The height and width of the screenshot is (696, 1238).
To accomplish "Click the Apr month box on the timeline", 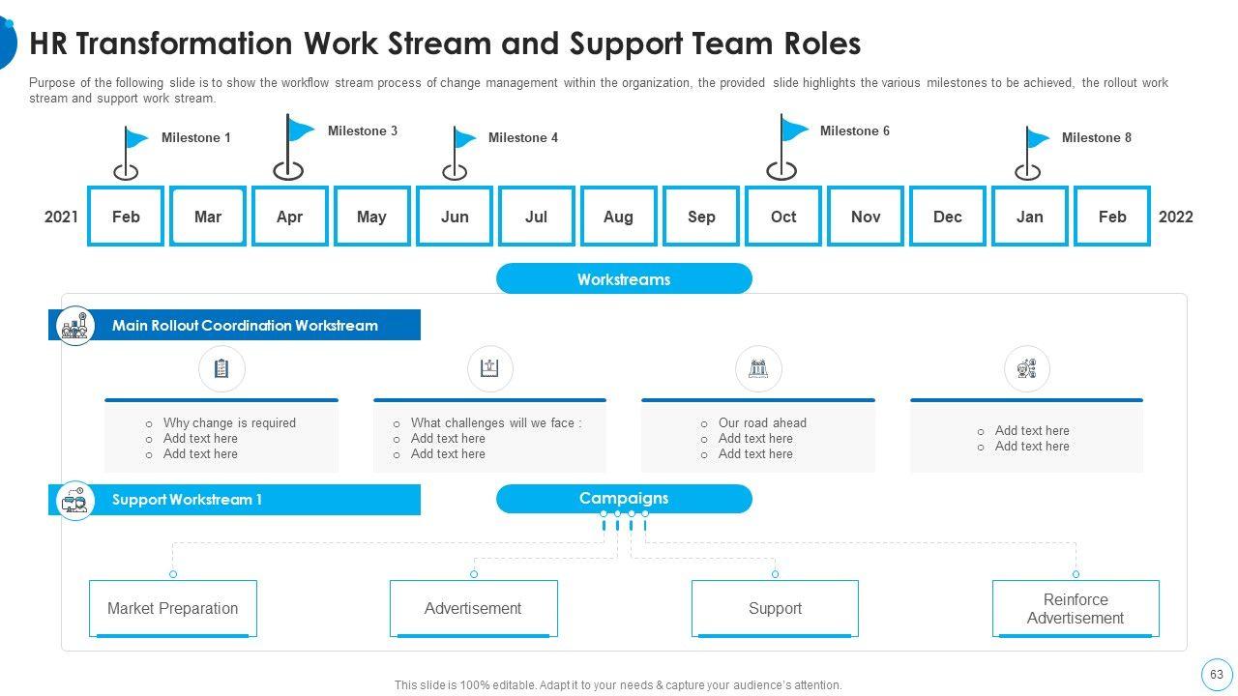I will tap(289, 217).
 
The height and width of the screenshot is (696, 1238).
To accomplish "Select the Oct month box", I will tap(783, 217).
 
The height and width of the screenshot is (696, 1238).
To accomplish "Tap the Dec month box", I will tap(948, 217).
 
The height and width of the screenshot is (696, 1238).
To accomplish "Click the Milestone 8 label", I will tap(1096, 137).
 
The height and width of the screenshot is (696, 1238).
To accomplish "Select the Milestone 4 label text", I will tap(522, 137).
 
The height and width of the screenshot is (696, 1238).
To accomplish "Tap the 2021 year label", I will tap(61, 217).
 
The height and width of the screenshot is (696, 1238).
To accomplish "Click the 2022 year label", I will tap(1175, 217).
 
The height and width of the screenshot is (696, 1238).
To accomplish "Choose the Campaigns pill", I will tap(624, 499).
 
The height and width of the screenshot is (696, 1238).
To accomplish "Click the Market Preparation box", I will tap(172, 608).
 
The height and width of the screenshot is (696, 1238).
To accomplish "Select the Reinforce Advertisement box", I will tap(1076, 608).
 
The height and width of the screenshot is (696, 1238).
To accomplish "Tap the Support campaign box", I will tap(775, 608).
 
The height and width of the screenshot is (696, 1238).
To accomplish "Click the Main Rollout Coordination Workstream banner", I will tap(245, 326).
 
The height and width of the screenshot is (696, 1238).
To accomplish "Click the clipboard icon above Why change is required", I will tap(221, 368).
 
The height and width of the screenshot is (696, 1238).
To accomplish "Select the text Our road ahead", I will tap(762, 422).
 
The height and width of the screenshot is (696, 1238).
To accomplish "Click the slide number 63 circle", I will tap(1216, 674).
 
